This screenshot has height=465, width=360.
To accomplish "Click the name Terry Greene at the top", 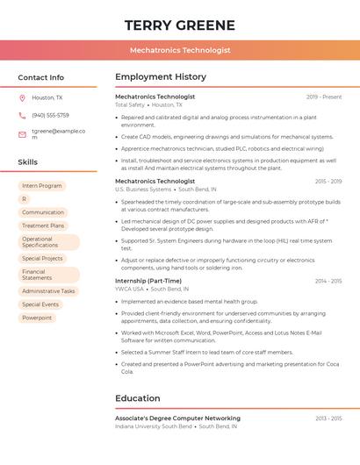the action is click(x=180, y=25).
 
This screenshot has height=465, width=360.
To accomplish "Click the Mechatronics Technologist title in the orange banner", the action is click(x=180, y=50).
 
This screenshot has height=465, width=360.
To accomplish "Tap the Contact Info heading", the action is click(x=41, y=77).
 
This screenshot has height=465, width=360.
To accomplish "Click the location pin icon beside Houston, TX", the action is click(x=22, y=98).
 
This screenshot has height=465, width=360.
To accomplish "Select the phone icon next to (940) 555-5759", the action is click(x=22, y=115).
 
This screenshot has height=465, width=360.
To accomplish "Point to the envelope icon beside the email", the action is click(x=22, y=134).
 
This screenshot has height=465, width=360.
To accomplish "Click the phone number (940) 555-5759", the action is click(x=50, y=115).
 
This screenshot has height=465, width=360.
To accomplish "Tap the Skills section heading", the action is click(x=28, y=162).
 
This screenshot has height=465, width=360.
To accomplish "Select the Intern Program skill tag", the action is click(x=42, y=186).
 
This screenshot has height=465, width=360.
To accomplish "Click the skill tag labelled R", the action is click(x=25, y=199).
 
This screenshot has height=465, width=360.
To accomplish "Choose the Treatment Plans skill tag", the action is click(x=43, y=225).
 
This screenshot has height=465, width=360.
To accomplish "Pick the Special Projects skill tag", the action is click(x=43, y=259).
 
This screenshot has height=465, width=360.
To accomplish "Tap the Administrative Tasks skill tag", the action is click(x=48, y=291).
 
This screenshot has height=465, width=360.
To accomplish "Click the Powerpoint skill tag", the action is click(x=37, y=318).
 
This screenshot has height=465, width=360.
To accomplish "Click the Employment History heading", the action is click(x=161, y=77).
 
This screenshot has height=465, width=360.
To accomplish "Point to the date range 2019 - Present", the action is click(x=324, y=97).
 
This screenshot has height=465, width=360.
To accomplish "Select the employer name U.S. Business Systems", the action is click(x=143, y=190).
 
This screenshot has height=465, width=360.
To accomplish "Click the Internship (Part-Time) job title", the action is click(x=148, y=281).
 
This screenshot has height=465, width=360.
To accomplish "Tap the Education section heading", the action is click(x=138, y=398).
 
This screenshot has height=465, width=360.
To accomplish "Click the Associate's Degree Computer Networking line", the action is click(x=177, y=418).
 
